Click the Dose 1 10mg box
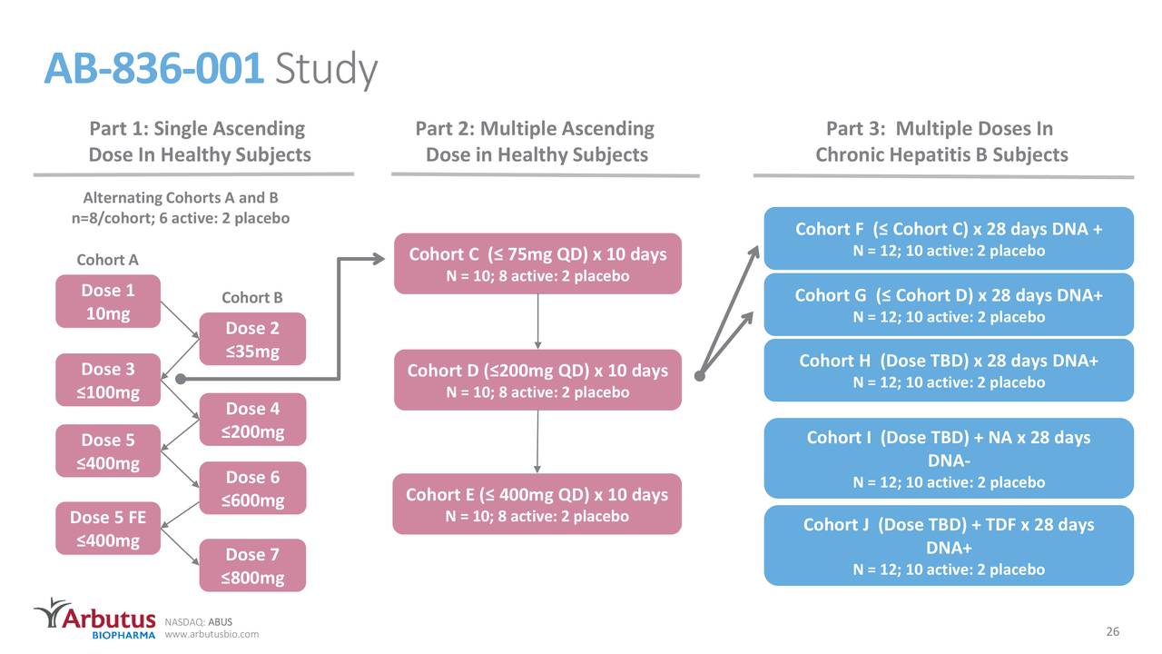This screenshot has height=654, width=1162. click(x=108, y=302)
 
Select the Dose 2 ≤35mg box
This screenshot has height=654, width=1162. click(x=251, y=340)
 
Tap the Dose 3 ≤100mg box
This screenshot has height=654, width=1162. click(x=109, y=381)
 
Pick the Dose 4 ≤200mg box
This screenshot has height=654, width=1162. click(x=251, y=420)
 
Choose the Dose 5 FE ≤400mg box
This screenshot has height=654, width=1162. click(x=108, y=529)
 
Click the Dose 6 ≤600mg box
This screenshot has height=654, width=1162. click(x=252, y=489)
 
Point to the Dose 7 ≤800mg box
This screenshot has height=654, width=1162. click(x=252, y=566)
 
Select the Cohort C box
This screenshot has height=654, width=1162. click(x=537, y=263)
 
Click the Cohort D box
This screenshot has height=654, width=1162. click(x=537, y=380)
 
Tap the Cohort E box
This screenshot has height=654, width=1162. click(x=537, y=504)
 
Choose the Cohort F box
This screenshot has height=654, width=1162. click(x=949, y=239)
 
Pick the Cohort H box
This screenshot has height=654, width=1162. click(x=949, y=370)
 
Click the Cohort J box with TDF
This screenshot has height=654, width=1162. click(x=949, y=546)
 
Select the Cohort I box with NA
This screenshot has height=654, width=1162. click(x=949, y=459)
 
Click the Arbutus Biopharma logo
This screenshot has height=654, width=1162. click(x=94, y=619)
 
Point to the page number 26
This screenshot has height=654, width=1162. click(x=1112, y=632)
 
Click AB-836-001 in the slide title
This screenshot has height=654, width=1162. click(x=154, y=69)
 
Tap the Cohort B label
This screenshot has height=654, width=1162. click(x=251, y=298)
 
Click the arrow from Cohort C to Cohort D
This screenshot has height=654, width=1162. click(x=538, y=322)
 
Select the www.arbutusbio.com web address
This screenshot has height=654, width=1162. click(x=212, y=634)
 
